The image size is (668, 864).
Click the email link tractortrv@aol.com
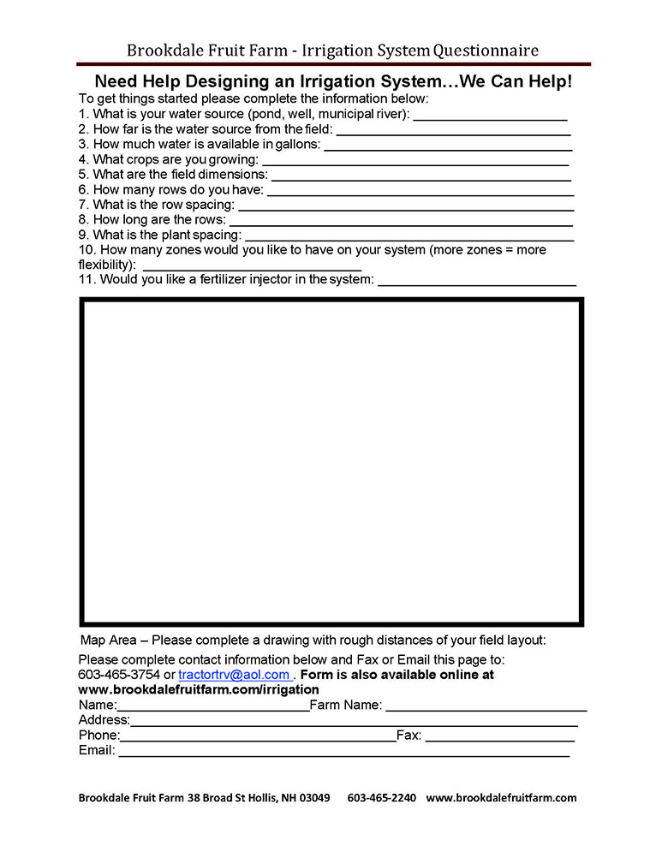[234, 675]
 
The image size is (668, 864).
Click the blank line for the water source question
[490, 116]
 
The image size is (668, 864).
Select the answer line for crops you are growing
[415, 161]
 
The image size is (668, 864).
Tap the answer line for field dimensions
[420, 176]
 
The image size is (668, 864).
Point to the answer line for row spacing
[405, 206]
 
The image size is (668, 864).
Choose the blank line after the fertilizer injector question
[476, 282]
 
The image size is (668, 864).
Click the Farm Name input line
[486, 707]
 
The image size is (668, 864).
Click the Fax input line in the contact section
[499, 737]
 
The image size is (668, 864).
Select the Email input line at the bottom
[343, 753]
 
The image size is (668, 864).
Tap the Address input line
[354, 723]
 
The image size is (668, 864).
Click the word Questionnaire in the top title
[486, 51]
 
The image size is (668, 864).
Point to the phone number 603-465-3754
[119, 675]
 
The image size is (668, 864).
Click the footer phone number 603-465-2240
[381, 798]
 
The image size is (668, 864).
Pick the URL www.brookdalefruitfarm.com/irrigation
[199, 689]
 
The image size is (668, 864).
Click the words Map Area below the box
[106, 641]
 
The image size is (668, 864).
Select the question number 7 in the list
[82, 205]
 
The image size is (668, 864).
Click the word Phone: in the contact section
[98, 736]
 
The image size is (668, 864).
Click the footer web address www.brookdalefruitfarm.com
[501, 798]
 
